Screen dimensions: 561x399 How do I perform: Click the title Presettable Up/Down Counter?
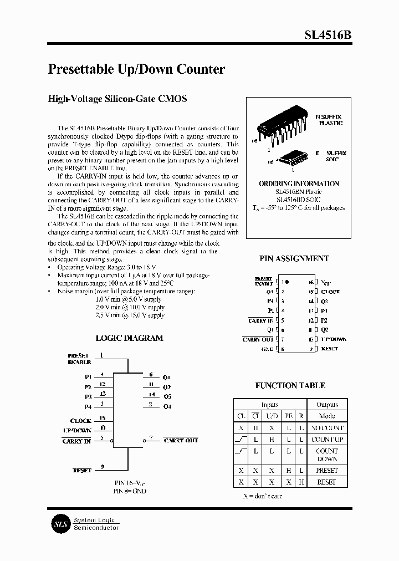136,69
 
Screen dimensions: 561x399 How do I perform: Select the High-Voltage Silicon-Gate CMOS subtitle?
117,99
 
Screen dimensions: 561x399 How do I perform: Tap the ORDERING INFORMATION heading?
299,183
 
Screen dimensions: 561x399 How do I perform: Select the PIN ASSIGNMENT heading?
294,258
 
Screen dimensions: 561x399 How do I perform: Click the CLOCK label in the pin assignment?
330,292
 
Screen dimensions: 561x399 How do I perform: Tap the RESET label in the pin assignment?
329,349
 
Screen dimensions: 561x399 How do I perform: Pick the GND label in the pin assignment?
267,349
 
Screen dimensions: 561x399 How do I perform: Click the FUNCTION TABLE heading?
290,385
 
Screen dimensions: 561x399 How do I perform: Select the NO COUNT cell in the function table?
326,428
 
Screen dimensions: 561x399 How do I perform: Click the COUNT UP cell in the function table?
326,439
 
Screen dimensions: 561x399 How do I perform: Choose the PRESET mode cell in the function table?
326,470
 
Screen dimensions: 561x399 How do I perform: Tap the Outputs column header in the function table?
326,405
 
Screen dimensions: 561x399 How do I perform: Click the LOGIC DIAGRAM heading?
129,338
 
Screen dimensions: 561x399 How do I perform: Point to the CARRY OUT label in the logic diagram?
181,440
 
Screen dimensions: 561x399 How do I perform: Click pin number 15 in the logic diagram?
103,418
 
